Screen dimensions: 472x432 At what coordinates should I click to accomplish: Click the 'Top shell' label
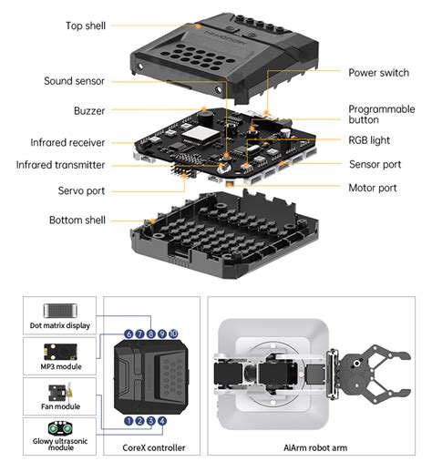(x=86, y=26)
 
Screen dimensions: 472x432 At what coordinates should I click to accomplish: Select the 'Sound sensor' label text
(x=75, y=81)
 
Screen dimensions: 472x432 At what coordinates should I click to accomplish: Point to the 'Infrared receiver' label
(x=67, y=143)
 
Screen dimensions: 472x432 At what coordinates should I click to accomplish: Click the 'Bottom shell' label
(x=77, y=221)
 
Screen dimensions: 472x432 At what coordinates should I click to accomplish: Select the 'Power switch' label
(x=379, y=72)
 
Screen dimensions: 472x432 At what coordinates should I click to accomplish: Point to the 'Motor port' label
(x=373, y=188)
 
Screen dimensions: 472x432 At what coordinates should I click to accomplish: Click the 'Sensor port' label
(x=375, y=165)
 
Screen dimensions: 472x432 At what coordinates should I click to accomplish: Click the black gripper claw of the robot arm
(x=375, y=375)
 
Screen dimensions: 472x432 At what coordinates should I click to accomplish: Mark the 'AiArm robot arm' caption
(x=314, y=447)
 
